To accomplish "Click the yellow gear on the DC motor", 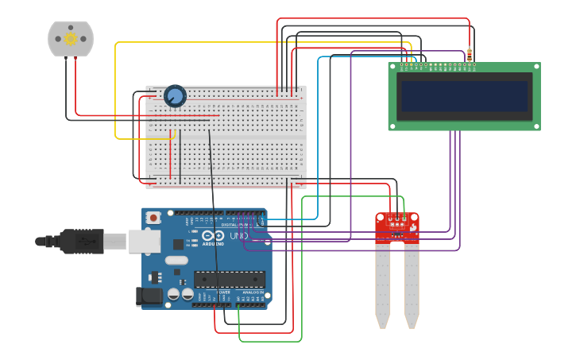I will [x=70, y=38].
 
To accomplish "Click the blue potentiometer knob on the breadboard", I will [x=175, y=96].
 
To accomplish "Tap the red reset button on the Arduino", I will [x=153, y=216].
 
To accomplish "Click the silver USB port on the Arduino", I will [x=144, y=241].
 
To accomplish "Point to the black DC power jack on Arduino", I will [x=149, y=297].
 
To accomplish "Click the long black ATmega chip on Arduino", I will [x=230, y=279].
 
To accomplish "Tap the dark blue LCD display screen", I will [x=465, y=96].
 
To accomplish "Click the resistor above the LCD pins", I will [x=469, y=55].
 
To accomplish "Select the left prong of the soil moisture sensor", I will [x=383, y=282].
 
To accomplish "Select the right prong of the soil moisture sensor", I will [x=412, y=282].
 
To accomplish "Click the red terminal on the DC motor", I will [x=75, y=59].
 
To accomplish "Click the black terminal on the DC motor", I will [x=65, y=59].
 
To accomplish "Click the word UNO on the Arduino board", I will [x=238, y=236].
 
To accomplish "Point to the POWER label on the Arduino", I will [x=223, y=292].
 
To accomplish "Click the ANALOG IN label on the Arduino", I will [x=253, y=292].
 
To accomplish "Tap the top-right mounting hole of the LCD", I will [x=536, y=67].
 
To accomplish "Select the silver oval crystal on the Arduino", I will [x=176, y=260].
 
